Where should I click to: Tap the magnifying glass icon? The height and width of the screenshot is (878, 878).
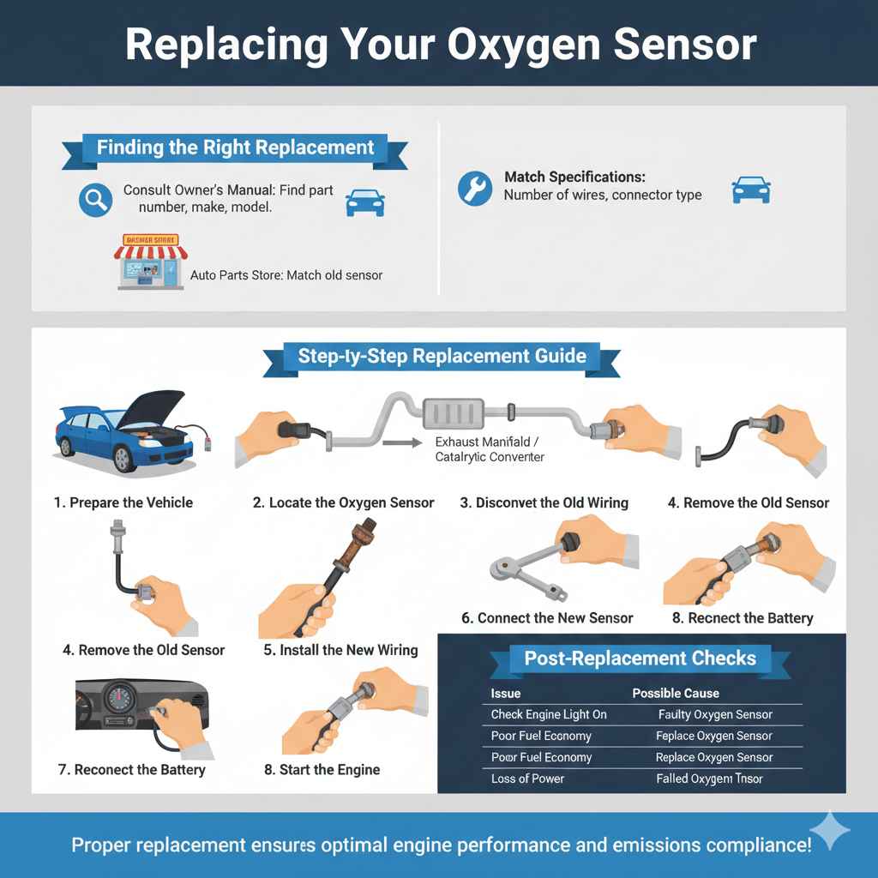click(x=94, y=200)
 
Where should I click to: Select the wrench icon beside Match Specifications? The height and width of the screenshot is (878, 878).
click(x=475, y=188)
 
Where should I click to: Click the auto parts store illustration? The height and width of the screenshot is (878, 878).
click(x=150, y=262)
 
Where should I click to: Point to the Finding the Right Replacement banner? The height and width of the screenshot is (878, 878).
click(x=235, y=147)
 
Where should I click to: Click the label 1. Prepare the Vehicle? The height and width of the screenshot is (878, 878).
click(x=123, y=502)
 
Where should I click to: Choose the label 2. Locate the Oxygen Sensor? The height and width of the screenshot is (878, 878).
click(x=343, y=502)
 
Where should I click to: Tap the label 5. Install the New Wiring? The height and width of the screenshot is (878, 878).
click(x=340, y=650)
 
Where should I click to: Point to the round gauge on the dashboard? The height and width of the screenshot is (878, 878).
click(x=123, y=695)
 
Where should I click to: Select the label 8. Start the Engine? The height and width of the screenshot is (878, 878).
click(x=322, y=769)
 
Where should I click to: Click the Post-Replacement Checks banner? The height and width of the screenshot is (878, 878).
click(x=640, y=658)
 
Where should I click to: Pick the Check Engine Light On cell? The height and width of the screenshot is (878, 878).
click(x=549, y=714)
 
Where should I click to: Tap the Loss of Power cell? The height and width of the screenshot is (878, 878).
click(x=527, y=779)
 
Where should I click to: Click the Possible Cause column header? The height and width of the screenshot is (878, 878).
click(x=676, y=693)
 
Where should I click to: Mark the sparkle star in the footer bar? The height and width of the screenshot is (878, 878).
click(x=829, y=830)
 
